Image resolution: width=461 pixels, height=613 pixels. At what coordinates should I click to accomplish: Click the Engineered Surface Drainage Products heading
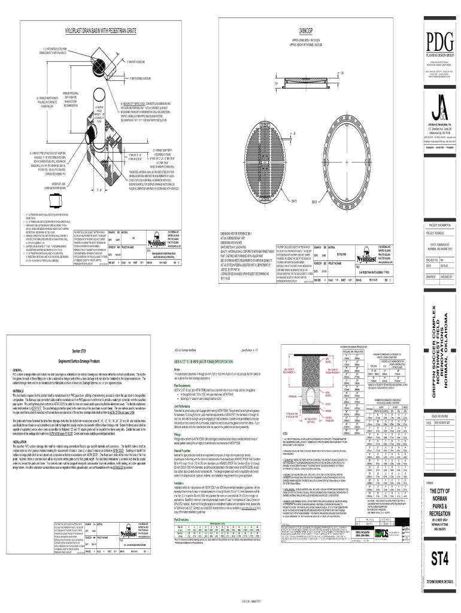[80, 362]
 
